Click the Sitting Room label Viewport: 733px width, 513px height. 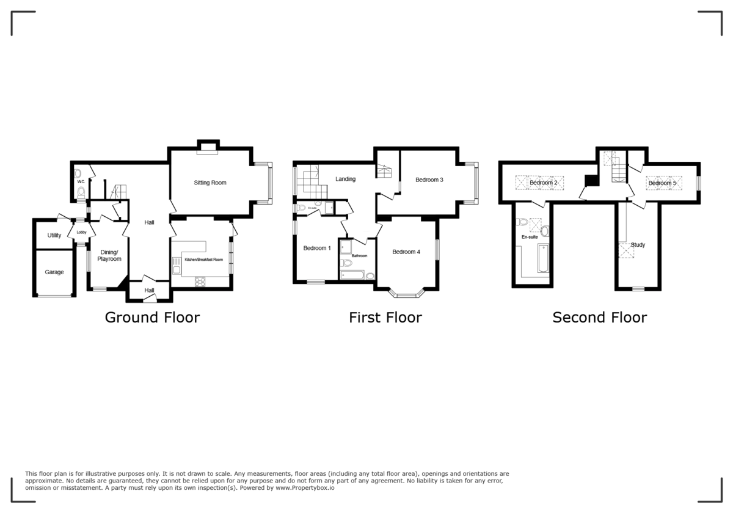(210, 183)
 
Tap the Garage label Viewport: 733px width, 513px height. (54, 272)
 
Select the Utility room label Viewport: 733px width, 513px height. (54, 235)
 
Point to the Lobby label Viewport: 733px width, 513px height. (81, 232)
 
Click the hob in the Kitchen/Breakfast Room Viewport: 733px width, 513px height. (200, 282)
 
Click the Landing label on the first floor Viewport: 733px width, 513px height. (345, 179)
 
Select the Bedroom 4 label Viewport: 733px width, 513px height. (406, 252)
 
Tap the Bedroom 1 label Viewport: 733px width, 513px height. (317, 248)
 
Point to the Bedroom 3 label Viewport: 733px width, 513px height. (429, 180)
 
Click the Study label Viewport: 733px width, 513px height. (638, 245)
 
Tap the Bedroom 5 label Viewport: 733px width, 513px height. (662, 183)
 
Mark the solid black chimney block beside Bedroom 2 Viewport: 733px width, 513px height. (591, 181)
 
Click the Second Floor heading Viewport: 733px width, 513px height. (599, 318)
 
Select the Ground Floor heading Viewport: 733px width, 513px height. (152, 318)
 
